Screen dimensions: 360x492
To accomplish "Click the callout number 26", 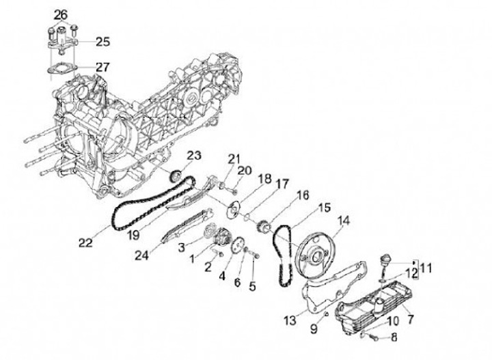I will click(x=61, y=14).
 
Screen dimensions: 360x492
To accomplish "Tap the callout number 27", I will click(x=102, y=67).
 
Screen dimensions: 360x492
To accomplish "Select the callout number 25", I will click(x=102, y=42).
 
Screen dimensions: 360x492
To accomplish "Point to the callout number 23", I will click(x=193, y=156).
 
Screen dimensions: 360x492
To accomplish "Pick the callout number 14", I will click(x=343, y=220).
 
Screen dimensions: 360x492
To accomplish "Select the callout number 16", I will click(x=302, y=195).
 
